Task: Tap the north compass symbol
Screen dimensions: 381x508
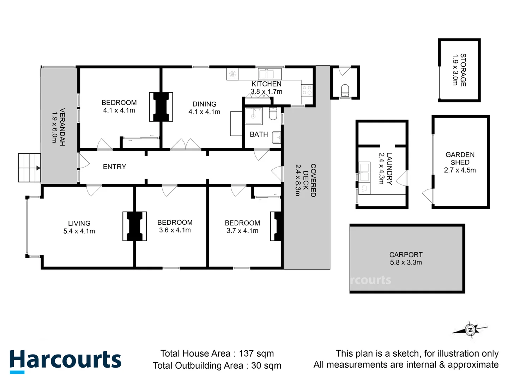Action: [x=470, y=330]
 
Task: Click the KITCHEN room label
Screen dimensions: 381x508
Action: [x=266, y=84]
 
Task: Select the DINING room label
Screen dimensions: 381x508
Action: [x=204, y=104]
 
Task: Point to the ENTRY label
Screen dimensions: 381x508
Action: [x=114, y=167]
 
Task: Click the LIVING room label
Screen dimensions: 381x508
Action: [x=79, y=223]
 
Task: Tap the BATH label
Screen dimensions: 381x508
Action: [x=259, y=134]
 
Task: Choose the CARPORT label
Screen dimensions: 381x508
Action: [x=406, y=254]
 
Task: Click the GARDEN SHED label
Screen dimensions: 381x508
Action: [x=460, y=158]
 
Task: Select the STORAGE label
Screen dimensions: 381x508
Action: [x=463, y=70]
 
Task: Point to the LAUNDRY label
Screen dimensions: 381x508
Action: [x=389, y=168]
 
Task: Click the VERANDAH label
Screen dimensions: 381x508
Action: [x=62, y=127]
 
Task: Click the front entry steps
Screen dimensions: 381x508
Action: [x=29, y=168]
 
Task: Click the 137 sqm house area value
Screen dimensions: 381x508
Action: [x=256, y=353]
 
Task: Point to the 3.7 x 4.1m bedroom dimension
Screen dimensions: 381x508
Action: [x=242, y=231]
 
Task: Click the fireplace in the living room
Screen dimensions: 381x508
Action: [x=134, y=226]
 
